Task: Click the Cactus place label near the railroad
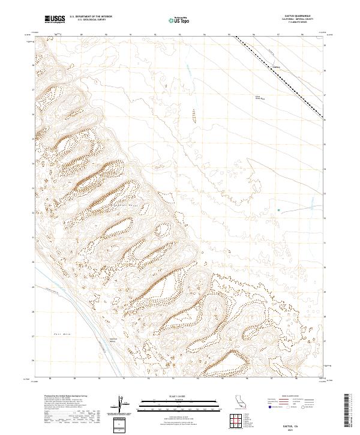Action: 277,66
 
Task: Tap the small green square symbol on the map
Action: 279,209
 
